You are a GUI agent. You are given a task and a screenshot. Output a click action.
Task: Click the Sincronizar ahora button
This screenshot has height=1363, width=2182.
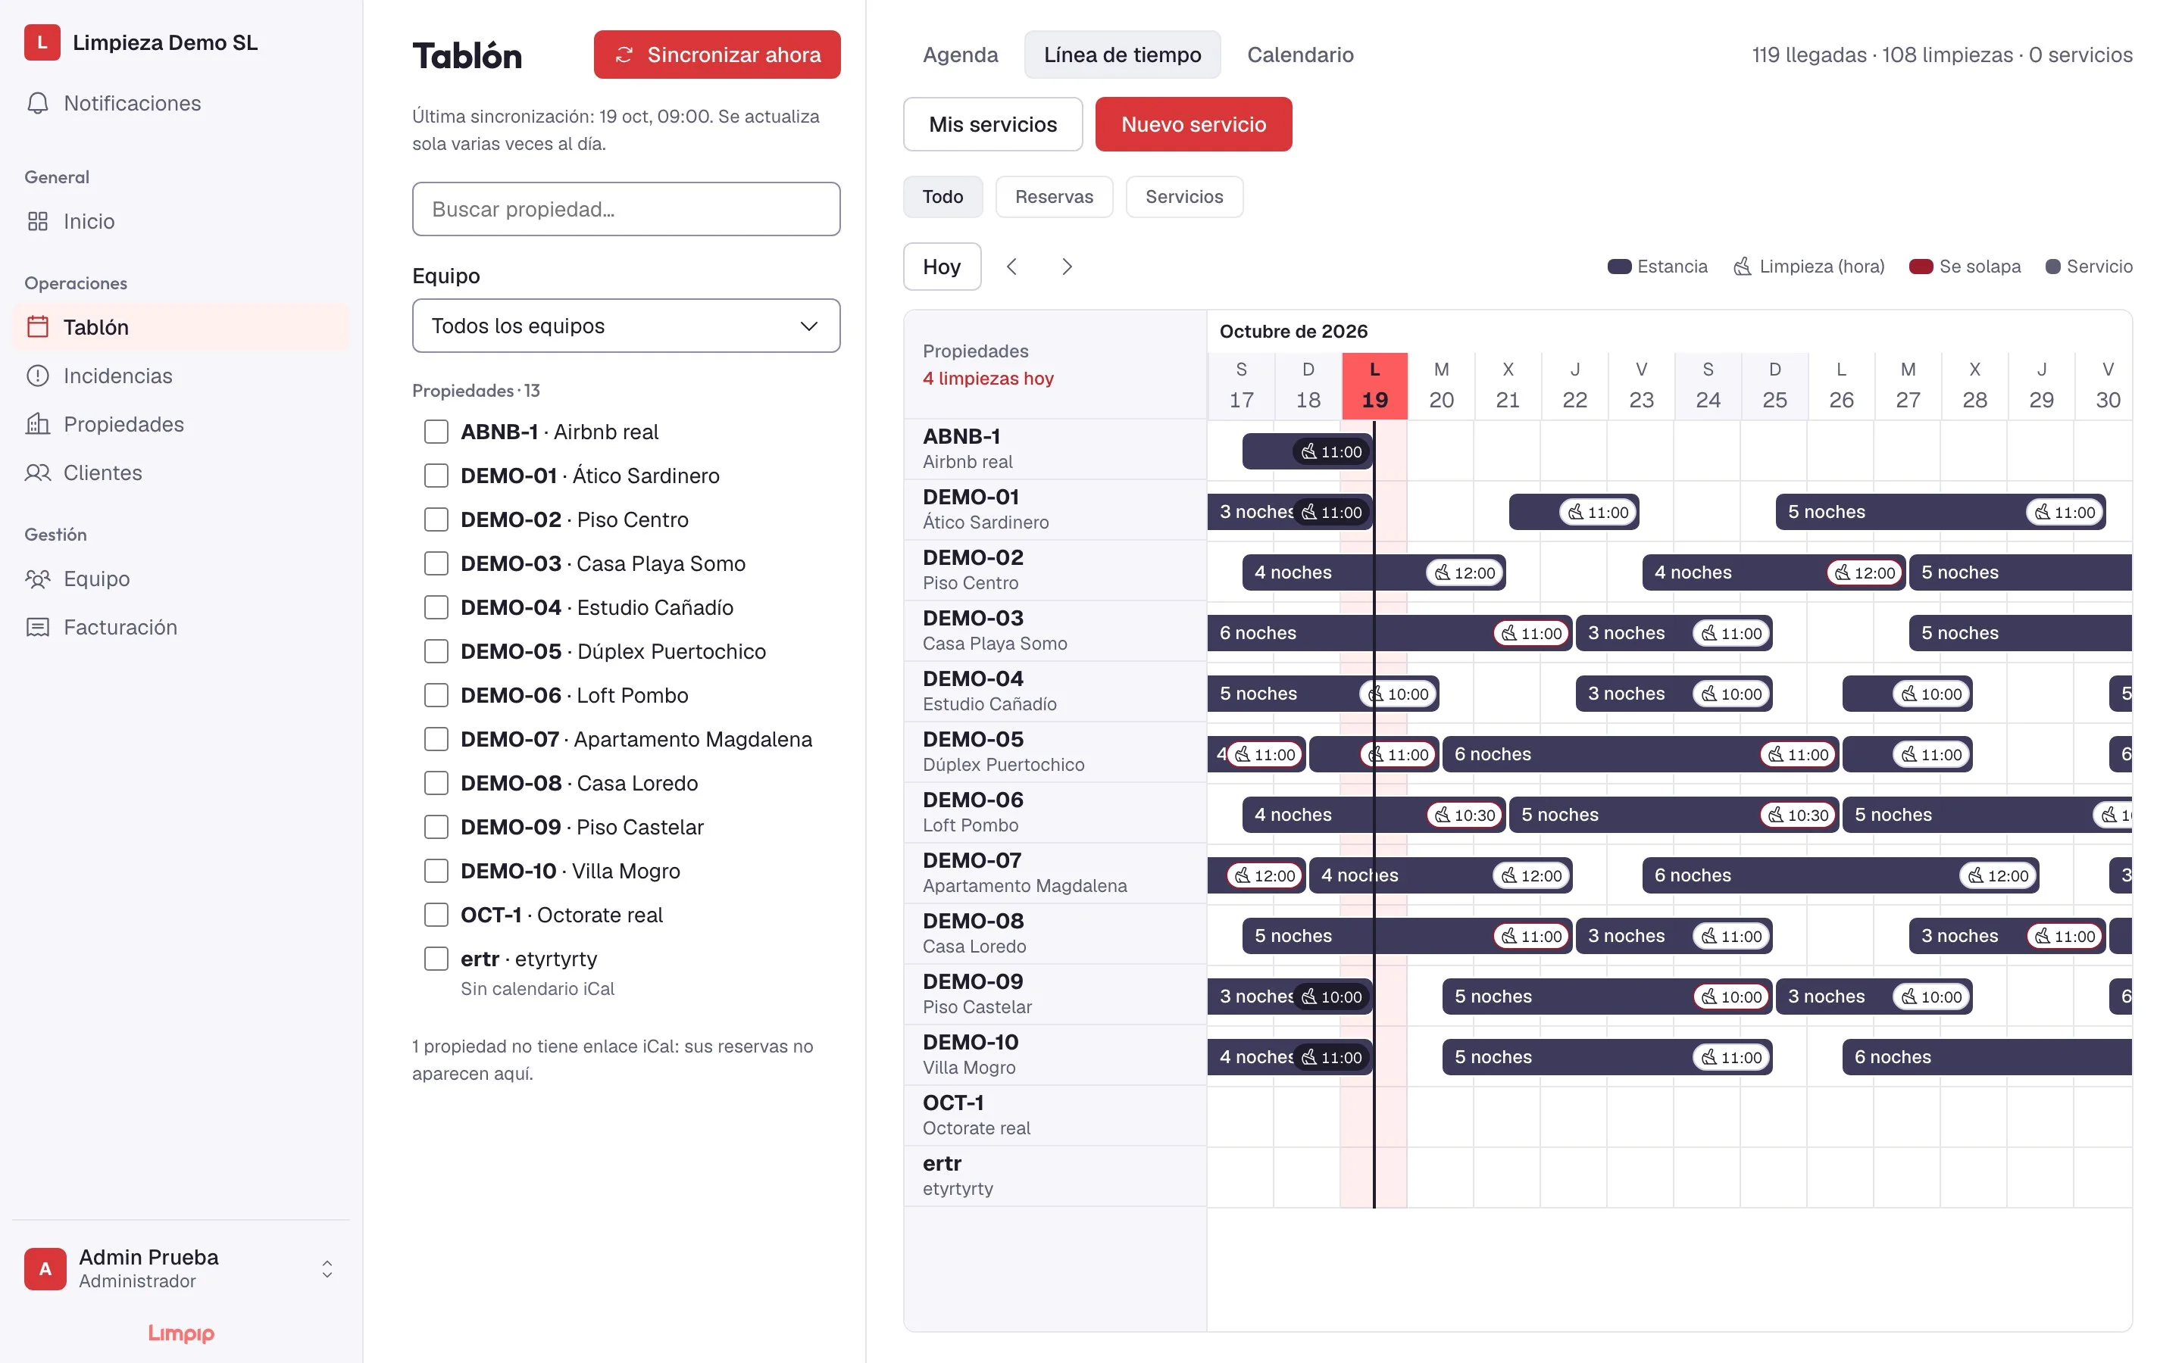tap(717, 55)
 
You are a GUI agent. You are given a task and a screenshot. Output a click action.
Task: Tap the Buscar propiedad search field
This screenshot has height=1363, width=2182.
tap(626, 209)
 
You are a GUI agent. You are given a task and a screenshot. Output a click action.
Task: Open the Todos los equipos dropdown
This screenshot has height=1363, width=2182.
tap(626, 326)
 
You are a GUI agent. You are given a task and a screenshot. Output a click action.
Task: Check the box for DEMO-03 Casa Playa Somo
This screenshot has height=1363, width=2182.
tap(436, 563)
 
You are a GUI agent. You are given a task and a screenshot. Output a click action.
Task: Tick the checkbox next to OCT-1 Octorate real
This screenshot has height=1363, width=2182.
tap(436, 915)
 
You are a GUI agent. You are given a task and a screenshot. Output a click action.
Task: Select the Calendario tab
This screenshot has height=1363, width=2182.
tap(1300, 55)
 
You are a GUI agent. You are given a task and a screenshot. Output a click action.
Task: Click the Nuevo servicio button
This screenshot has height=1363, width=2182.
tap(1193, 124)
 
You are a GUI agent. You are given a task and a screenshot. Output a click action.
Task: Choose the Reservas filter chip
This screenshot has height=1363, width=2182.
tap(1053, 197)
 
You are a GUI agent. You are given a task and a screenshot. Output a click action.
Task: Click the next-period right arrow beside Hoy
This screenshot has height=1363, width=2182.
tap(1067, 267)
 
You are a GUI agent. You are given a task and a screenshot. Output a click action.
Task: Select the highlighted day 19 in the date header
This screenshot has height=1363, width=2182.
tap(1374, 386)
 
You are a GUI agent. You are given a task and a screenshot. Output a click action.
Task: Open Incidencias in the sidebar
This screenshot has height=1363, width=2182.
tap(117, 376)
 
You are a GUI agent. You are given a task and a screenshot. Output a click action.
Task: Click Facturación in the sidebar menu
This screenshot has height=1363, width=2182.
tap(120, 628)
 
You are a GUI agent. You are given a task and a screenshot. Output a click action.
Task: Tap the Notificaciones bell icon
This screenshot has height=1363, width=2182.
tap(38, 104)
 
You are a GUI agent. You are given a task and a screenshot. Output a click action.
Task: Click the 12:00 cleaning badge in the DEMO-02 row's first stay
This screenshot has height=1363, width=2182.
tap(1466, 572)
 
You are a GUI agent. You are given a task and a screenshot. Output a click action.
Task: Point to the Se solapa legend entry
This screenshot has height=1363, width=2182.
tap(1965, 267)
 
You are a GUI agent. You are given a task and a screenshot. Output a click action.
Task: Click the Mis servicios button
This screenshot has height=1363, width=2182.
tap(993, 124)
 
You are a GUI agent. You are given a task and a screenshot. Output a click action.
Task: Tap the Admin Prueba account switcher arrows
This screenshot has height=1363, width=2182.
tap(327, 1269)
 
